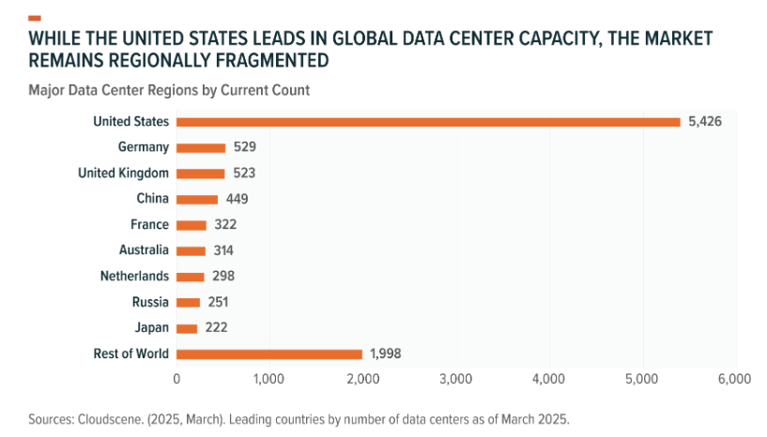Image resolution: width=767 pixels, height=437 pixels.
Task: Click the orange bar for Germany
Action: tap(201, 147)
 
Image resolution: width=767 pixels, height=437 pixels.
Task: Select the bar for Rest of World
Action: tap(269, 354)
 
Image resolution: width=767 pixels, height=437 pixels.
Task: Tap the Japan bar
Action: tap(187, 328)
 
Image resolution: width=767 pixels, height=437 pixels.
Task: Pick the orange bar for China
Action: tap(197, 199)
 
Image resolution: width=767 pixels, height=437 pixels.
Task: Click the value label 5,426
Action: tap(705, 122)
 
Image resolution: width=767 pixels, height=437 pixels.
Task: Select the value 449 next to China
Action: tap(237, 199)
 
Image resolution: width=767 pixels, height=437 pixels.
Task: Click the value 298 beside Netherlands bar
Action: tap(222, 277)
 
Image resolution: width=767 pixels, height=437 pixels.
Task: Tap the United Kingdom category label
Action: tap(123, 173)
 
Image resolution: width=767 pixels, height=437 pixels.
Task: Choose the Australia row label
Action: tap(143, 250)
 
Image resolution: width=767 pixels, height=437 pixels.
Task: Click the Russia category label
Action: tap(151, 302)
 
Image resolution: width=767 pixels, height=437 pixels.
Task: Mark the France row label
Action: tap(150, 224)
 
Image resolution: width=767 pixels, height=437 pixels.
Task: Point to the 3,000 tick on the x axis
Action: tap(455, 379)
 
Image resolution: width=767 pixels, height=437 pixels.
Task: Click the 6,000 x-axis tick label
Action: tap(734, 379)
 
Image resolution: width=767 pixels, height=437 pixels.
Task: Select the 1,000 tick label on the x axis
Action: tap(269, 379)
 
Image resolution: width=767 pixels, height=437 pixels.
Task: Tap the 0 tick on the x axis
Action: tap(176, 379)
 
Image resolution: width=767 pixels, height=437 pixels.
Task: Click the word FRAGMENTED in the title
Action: tap(257, 61)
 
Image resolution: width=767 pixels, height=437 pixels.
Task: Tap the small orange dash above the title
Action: tap(35, 18)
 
